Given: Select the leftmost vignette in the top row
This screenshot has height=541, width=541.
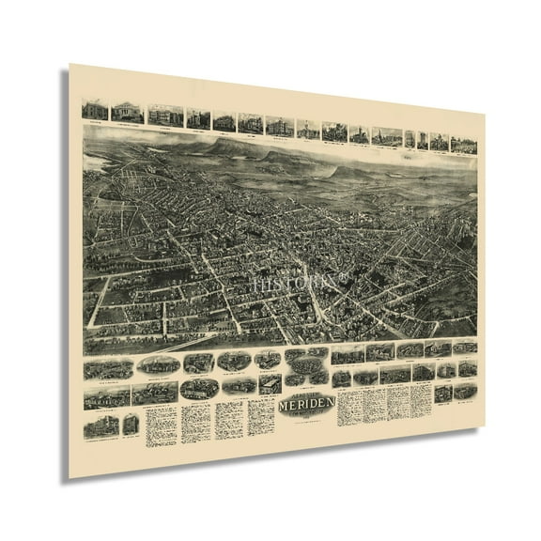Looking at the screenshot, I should tap(94, 110).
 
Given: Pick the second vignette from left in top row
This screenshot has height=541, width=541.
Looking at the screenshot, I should tap(126, 112).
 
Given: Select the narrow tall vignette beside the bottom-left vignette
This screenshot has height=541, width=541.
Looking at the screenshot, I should tap(130, 425).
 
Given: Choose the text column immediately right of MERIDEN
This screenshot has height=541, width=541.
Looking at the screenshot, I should tap(350, 404).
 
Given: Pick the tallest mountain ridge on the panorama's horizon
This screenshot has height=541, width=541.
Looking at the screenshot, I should tap(225, 146).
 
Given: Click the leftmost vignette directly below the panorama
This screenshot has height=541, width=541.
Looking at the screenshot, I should tap(107, 367).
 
